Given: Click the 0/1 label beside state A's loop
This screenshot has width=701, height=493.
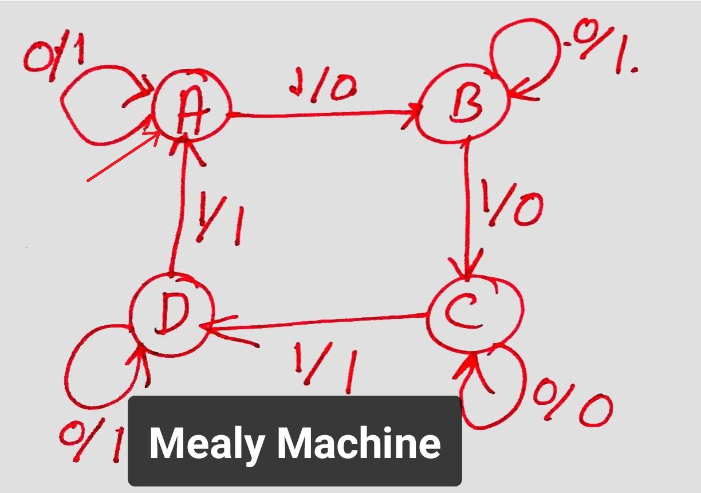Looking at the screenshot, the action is pyautogui.click(x=55, y=58).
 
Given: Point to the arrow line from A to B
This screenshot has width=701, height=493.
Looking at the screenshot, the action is pyautogui.click(x=324, y=115).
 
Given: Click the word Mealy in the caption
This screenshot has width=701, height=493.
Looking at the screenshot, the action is pyautogui.click(x=207, y=443).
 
